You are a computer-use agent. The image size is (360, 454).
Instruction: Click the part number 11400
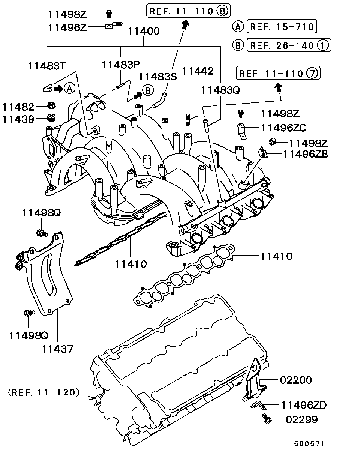[x=144, y=31]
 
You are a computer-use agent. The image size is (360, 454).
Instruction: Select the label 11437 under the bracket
[x=57, y=349]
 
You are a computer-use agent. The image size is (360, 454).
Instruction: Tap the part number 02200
[x=296, y=380]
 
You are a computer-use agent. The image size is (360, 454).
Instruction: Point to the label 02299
[x=301, y=419]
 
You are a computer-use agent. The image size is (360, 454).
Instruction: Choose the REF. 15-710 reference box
[x=282, y=27]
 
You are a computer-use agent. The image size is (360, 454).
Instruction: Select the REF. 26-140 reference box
[x=288, y=45]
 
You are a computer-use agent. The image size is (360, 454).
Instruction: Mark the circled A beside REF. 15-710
[x=238, y=27]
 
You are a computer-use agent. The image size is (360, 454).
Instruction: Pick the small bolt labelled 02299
[x=265, y=419]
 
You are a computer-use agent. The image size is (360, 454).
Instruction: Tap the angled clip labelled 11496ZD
[x=258, y=404]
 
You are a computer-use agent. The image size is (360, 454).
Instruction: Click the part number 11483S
[x=157, y=77]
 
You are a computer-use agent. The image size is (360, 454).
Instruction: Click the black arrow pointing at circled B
[x=137, y=94]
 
